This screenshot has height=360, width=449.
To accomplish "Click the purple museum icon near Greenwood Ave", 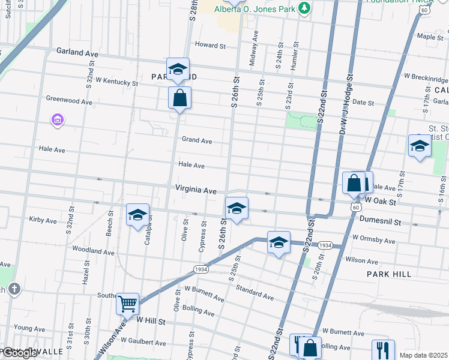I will tap(58, 121).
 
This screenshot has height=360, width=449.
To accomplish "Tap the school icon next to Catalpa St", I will tap(137, 215).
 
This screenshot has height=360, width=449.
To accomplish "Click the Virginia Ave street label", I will tap(196, 190).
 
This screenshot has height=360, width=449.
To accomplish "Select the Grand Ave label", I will tap(197, 140).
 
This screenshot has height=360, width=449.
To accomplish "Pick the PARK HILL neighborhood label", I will tap(389, 274).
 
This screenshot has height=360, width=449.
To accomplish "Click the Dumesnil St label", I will tap(380, 221).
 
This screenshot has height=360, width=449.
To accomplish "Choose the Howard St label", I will tap(210, 45).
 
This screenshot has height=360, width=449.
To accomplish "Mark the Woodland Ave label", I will tap(93, 252).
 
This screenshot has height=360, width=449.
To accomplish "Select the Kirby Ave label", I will tap(43, 220).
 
